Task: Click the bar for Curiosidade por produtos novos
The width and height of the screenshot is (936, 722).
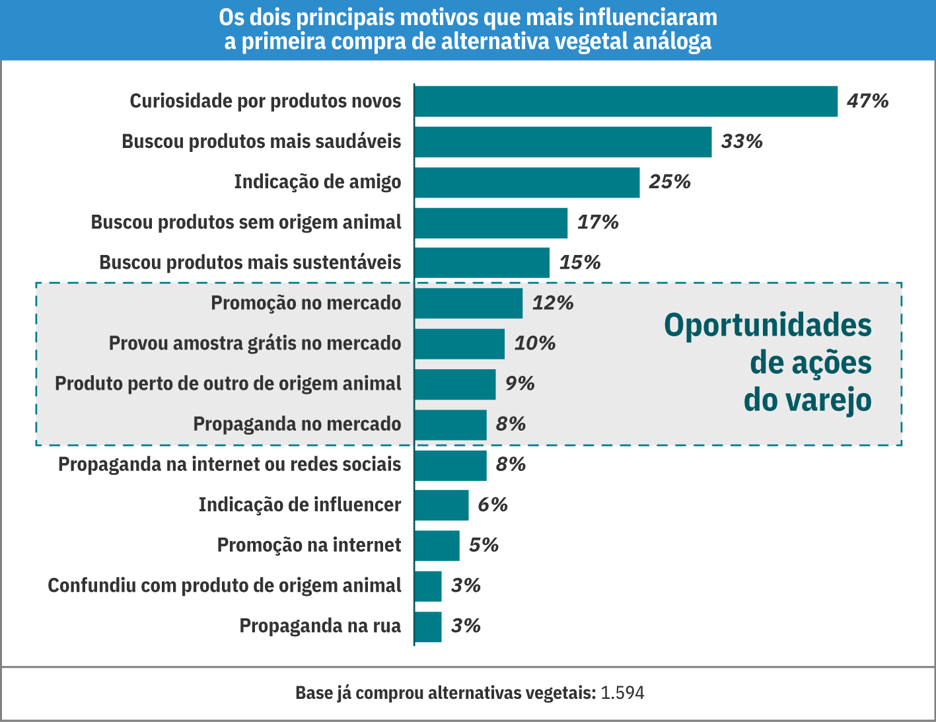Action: [x=626, y=101]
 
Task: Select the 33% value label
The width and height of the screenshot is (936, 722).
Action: [x=742, y=141]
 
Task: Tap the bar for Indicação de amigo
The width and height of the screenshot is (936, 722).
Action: [x=526, y=182]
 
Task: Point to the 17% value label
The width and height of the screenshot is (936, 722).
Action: [x=598, y=223]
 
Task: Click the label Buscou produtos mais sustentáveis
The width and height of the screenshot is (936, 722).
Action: [x=250, y=262]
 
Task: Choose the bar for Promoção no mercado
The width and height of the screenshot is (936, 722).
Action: [x=468, y=303]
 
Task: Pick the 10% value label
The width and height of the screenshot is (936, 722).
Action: [x=535, y=343]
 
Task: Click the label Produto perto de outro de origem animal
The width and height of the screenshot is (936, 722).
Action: [x=228, y=384]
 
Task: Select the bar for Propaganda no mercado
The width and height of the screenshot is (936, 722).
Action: [x=450, y=425]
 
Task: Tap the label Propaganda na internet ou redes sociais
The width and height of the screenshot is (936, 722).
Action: [x=229, y=464]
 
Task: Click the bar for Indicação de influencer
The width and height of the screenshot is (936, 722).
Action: [x=441, y=505]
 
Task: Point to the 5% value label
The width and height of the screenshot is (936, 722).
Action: [x=484, y=545]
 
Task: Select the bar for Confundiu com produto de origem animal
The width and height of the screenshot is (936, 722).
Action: [x=428, y=586]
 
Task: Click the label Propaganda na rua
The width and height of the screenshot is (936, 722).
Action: [x=320, y=626]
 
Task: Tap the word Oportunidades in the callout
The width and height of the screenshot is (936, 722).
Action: [x=768, y=326]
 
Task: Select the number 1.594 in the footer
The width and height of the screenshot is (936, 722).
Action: [x=622, y=693]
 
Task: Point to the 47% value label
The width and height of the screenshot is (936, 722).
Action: [x=868, y=101]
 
